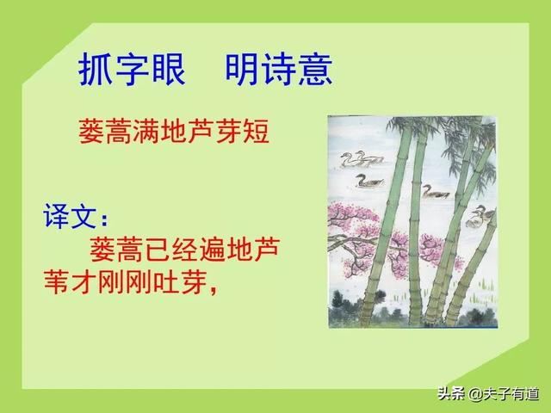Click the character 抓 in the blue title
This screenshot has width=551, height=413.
pyautogui.click(x=96, y=70)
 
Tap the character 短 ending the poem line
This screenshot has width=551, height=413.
pyautogui.click(x=257, y=133)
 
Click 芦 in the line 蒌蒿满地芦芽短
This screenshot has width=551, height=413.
pyautogui.click(x=201, y=133)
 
